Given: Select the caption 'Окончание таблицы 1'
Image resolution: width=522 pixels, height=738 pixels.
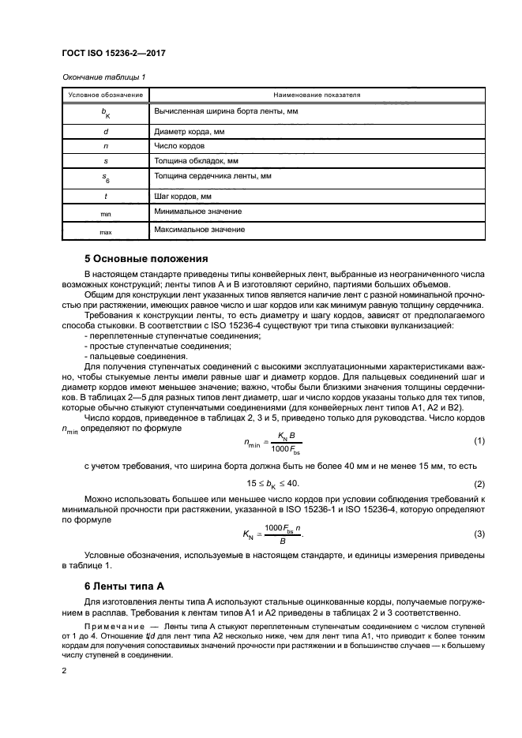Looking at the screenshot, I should coord(103,77).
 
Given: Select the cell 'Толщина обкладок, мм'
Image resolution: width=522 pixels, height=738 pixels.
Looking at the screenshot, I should coord(194,161).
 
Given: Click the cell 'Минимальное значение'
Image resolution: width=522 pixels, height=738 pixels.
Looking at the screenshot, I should coord(198,212).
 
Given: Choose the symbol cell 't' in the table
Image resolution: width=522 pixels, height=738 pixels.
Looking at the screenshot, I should coord(105,196).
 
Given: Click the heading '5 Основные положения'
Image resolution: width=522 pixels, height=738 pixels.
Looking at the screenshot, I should coord(146,257).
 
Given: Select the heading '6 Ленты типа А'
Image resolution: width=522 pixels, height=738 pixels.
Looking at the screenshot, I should coord(124,586).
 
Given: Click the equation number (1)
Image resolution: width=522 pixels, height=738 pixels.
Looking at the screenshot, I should coord(478,440).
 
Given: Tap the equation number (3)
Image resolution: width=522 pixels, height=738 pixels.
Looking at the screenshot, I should coord(478,535).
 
